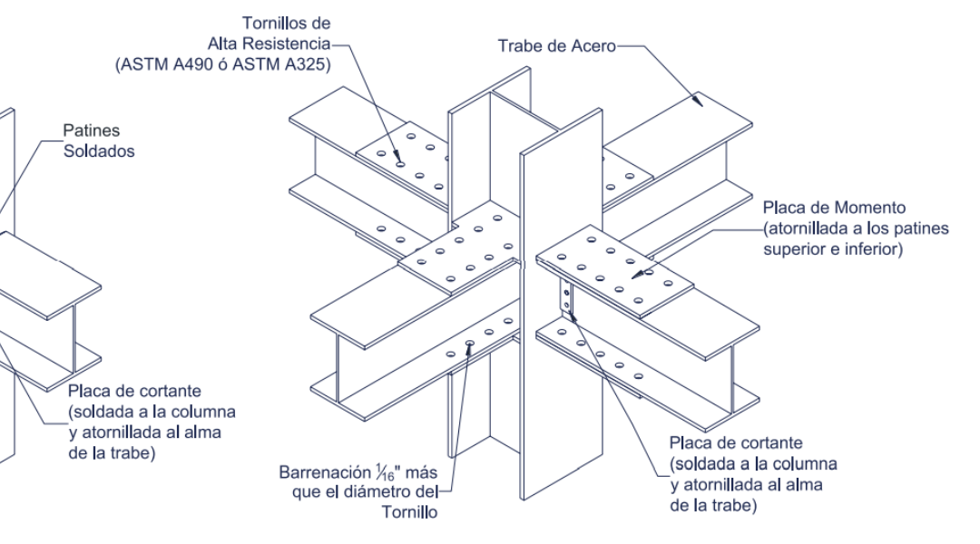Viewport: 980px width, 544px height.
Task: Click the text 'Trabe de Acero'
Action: pos(555,45)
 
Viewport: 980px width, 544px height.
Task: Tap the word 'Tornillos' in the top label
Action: pos(273,23)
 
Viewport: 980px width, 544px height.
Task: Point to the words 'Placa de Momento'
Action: pos(834,209)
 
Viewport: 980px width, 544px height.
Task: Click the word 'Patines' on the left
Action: pos(91,131)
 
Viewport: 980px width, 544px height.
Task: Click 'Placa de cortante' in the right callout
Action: pos(736,442)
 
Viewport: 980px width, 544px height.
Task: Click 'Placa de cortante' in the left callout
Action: pos(134,392)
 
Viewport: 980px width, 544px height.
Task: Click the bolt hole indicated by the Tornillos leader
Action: pos(400,164)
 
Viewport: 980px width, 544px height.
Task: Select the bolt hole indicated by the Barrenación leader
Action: pos(469,343)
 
